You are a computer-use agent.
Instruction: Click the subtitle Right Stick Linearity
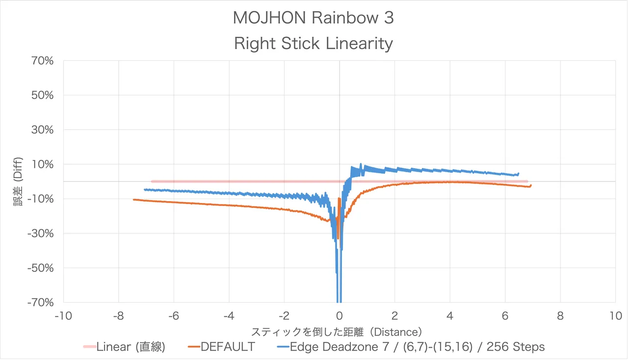coord(313,44)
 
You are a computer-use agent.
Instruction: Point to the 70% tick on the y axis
coord(43,61)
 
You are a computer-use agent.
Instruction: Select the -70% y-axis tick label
coord(41,303)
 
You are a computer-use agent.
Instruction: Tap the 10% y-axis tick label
coord(43,164)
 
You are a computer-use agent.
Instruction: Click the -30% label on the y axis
coord(41,233)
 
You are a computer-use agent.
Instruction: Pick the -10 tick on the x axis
coord(63,316)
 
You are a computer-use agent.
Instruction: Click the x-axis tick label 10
coord(616,316)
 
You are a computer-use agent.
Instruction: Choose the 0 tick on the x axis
coord(340,316)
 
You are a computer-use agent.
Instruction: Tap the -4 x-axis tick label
coord(229,316)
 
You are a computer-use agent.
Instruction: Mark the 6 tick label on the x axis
coord(505,316)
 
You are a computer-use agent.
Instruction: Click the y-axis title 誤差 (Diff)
coord(18,181)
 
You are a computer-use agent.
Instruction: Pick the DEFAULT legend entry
coord(228,347)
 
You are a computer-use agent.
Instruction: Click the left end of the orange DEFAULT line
coord(134,200)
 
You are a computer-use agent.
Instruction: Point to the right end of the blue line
coord(519,174)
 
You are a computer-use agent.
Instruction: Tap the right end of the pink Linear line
coord(527,181)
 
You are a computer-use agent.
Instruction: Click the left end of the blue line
coord(145,189)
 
